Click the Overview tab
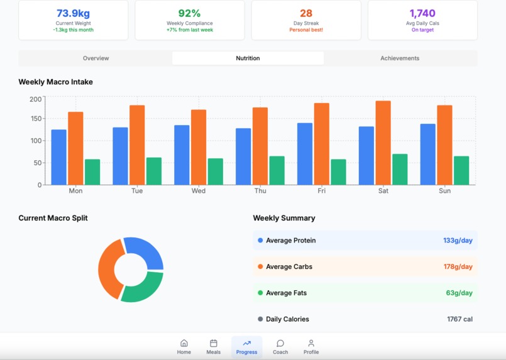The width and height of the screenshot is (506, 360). coord(96,58)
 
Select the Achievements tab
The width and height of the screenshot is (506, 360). coord(400,58)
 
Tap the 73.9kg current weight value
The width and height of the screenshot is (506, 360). coord(73,13)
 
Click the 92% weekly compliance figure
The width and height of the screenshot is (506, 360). coord(189,13)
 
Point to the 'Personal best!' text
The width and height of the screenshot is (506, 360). coord(306,30)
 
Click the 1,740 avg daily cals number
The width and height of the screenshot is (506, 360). coord(422,13)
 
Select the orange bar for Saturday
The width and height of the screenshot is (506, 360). coord(383,143)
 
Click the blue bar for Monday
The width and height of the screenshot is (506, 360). coord(58,157)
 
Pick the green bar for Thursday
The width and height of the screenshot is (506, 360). coord(277,170)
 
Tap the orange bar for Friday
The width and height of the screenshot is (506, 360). coord(321,144)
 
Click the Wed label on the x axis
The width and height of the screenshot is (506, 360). coord(198,191)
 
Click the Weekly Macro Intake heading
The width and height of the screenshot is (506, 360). coord(55,82)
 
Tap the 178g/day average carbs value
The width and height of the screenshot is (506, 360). coord(458,267)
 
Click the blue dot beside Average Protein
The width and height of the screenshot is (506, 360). coord(260,241)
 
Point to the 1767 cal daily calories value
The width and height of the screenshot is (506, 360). coord(459,319)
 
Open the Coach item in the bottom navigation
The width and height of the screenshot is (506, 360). coord(280,347)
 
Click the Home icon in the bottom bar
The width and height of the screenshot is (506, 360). coord(184,343)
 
